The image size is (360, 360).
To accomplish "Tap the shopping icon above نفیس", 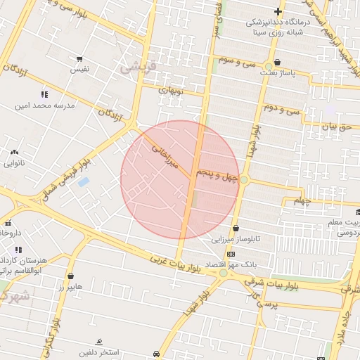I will coord(79,59).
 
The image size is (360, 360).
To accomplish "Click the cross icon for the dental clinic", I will coord(278,11).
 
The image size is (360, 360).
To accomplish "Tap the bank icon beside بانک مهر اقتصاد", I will coord(230,254).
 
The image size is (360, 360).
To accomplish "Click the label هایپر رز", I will coord(70,288).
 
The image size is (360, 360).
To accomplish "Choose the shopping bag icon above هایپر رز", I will coord(70,276).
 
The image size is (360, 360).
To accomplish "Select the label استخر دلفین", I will coord(99,352).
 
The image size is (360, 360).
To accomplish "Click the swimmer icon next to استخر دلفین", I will coord(99,341).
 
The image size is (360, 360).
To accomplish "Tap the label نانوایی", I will coord(14,163).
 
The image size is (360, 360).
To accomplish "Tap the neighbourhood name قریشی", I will coord(134,68).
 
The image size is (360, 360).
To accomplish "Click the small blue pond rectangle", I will coord(84,182).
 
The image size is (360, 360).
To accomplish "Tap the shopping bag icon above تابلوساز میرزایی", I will coord(236,228).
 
